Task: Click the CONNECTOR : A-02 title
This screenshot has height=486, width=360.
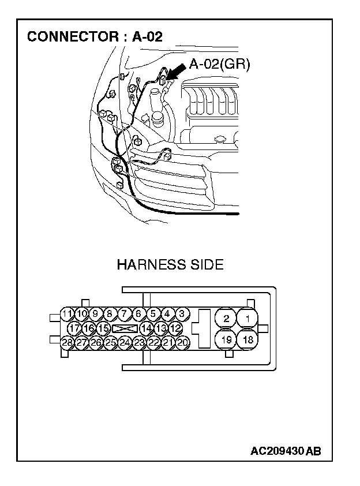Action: tap(95, 37)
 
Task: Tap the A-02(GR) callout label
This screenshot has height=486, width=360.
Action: tap(219, 65)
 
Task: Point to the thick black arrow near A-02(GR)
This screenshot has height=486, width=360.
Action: tap(177, 74)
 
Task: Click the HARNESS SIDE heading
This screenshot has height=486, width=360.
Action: tap(170, 265)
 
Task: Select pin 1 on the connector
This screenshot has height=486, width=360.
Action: tap(248, 318)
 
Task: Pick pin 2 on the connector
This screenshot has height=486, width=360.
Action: tap(226, 318)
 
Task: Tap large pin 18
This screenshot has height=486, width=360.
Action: tap(248, 339)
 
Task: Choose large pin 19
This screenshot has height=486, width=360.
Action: tap(226, 339)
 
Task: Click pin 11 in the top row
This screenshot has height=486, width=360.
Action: tap(67, 314)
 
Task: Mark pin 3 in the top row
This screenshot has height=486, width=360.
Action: tap(182, 314)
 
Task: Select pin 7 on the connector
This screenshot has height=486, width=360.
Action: tap(124, 314)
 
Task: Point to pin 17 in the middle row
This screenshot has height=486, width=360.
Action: tap(74, 328)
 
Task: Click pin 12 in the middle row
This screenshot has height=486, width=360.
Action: tap(176, 328)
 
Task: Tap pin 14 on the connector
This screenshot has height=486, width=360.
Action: tap(147, 328)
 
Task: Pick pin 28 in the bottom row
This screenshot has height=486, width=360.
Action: tap(67, 342)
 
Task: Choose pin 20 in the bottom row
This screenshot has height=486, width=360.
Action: tap(183, 342)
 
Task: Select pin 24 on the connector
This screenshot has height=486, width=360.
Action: tap(125, 342)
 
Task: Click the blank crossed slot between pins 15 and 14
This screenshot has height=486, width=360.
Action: tap(125, 328)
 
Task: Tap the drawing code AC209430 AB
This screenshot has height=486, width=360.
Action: tap(286, 451)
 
